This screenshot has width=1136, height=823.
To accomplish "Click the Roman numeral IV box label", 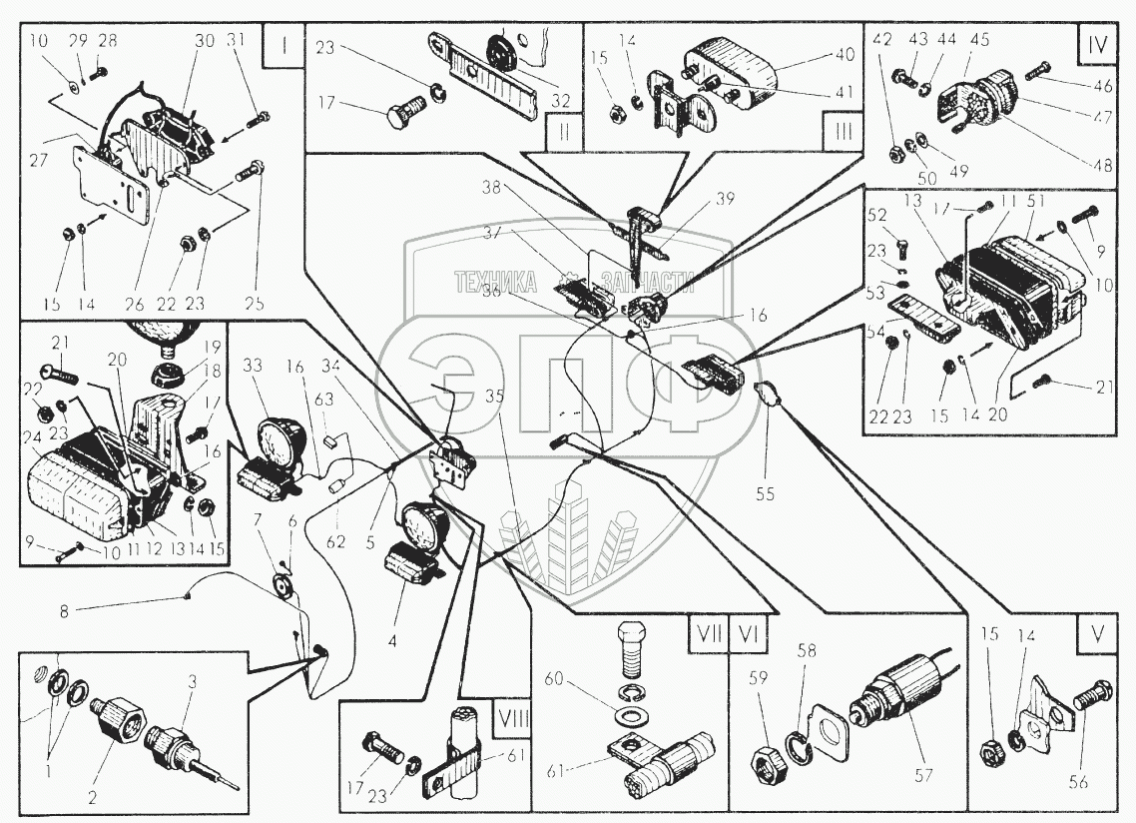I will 1096,46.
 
